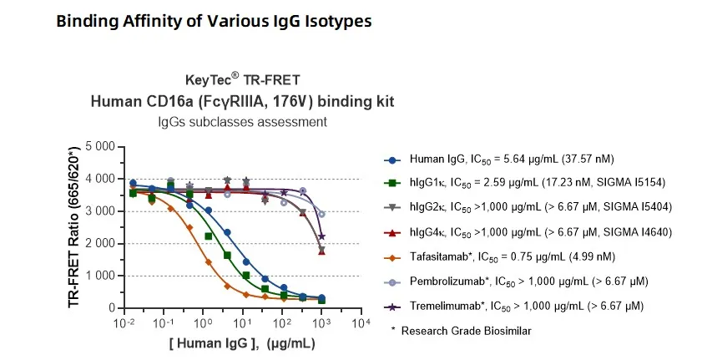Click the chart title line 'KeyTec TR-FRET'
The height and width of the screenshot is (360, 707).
(x=241, y=80)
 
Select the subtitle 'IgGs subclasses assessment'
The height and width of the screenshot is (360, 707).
(x=242, y=122)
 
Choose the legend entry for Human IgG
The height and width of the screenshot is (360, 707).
(x=509, y=160)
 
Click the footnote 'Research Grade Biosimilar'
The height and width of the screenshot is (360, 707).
(x=466, y=331)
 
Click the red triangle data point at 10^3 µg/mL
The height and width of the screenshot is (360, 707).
(x=322, y=251)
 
